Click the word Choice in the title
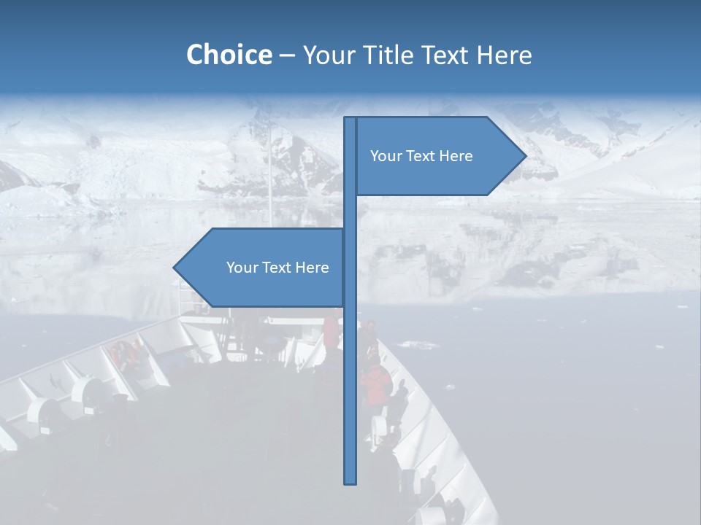[229, 55]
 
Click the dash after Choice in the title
[287, 55]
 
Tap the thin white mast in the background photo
[270, 175]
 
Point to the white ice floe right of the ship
[416, 344]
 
